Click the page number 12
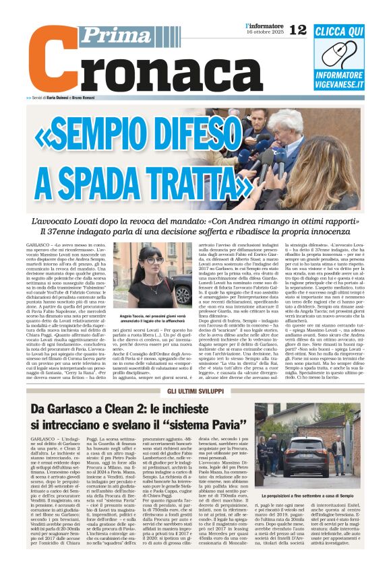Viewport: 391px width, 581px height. coord(297,29)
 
